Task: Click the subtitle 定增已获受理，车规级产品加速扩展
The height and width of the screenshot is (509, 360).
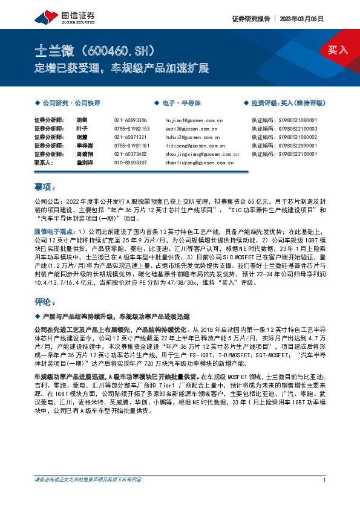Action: click(122, 66)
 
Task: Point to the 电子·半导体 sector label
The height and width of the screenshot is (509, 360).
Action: click(180, 103)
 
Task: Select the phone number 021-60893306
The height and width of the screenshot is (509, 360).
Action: click(130, 120)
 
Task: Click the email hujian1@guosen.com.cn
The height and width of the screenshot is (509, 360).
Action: click(190, 120)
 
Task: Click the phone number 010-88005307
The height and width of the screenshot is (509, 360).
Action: click(130, 163)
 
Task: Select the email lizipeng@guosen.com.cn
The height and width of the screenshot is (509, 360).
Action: click(194, 146)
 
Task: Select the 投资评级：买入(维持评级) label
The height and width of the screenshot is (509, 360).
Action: click(287, 103)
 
